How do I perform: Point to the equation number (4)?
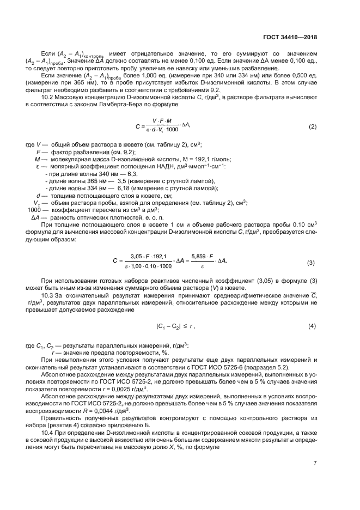pos(312,326)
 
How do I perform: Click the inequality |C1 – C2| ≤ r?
pos(175,326)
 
